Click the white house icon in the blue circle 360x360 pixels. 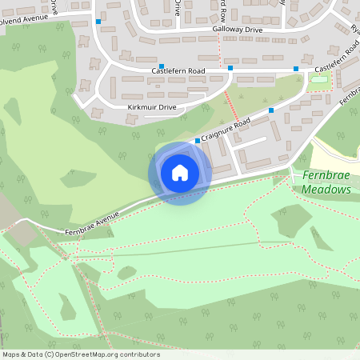click(180, 173)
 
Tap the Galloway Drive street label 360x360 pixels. click(238, 30)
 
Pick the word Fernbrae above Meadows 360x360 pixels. click(325, 175)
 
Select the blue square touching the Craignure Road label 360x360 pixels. click(198, 141)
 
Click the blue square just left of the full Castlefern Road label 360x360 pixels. click(162, 66)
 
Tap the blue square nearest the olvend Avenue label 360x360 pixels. click(98, 22)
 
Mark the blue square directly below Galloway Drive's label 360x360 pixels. click(230, 68)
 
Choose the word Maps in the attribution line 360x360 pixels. click(13, 354)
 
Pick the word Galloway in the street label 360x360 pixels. click(227, 30)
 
